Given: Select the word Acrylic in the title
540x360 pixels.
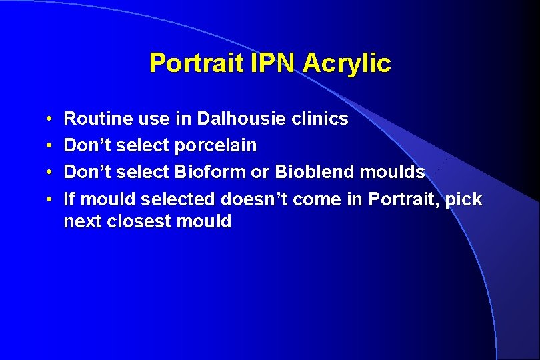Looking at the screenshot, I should [347, 63].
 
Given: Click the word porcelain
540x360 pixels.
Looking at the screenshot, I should [215, 145].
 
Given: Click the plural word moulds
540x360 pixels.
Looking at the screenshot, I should [392, 172].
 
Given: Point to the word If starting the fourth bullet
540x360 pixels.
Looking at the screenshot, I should [69, 199].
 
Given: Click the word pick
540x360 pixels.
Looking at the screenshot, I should [465, 199].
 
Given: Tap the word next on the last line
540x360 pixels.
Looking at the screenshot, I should [82, 222].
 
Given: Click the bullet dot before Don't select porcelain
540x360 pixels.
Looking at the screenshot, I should [51, 146].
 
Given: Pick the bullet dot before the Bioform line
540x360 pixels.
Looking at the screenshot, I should [51, 173].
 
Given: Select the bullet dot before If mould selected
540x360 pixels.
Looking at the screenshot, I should [51, 199].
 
